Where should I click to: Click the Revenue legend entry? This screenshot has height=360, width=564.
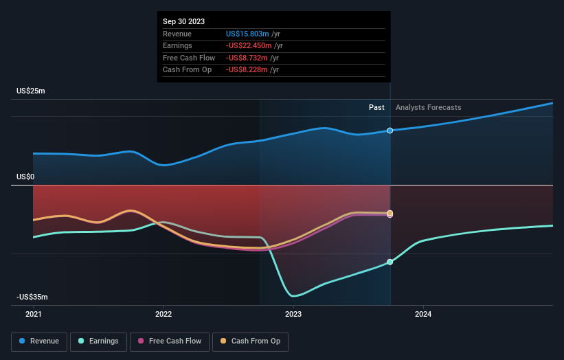point(39,341)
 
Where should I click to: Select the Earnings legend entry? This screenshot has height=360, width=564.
point(98,341)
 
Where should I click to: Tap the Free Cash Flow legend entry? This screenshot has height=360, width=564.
point(169,341)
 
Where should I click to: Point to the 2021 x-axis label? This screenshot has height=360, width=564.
point(33,314)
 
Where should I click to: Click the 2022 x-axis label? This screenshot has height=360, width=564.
point(163,314)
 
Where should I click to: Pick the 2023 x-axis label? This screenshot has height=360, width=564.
point(293,314)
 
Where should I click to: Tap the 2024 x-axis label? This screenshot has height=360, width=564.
point(423,314)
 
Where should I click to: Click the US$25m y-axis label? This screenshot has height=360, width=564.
point(31,91)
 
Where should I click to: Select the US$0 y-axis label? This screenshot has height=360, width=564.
point(26,177)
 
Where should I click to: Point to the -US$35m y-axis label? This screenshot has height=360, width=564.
point(32,297)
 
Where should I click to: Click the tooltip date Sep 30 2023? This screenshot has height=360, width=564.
point(184,22)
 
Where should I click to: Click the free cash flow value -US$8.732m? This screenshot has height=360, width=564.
point(249,58)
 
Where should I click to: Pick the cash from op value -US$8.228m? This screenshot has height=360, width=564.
point(249,70)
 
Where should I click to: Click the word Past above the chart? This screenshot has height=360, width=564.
point(376,107)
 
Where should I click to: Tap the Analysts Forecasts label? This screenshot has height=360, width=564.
point(428,107)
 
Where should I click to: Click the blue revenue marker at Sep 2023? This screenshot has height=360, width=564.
point(390,131)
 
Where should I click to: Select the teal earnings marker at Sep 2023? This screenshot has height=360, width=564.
point(390,262)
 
